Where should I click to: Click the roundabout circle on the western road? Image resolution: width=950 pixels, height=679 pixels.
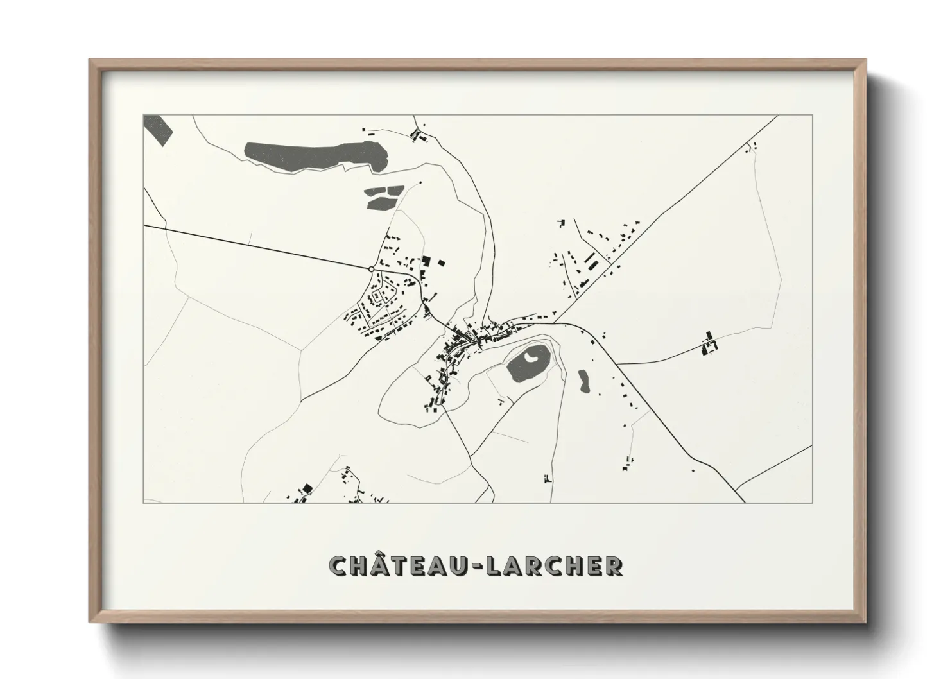372,270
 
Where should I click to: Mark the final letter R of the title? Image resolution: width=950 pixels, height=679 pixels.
613,565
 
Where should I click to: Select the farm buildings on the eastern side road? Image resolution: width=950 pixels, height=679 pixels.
709,343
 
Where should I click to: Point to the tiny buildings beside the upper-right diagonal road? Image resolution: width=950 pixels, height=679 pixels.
751,148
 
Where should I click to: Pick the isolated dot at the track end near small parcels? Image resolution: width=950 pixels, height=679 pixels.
420,183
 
